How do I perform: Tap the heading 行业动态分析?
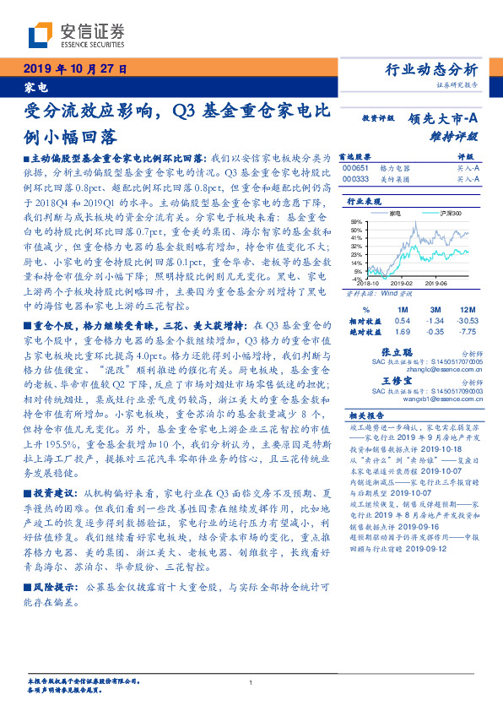(431, 70)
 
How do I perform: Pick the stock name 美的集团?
(393, 179)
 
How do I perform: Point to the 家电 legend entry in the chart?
(395, 213)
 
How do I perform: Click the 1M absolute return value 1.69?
(403, 332)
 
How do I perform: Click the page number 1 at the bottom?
(251, 682)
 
